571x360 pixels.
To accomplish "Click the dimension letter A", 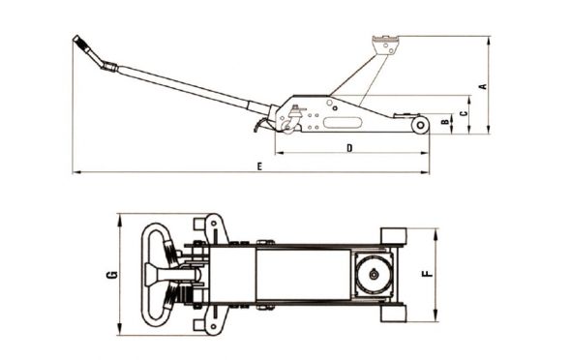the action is [x=483, y=86].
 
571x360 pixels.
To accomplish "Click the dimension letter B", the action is [x=445, y=122].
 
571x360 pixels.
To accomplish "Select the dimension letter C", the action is [x=464, y=113].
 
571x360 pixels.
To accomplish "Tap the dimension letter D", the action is [x=349, y=148].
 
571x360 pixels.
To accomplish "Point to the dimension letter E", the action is [x=259, y=166].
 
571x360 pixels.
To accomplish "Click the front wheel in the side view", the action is [x=420, y=125].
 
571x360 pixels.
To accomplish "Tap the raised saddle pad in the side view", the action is [x=385, y=45].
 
